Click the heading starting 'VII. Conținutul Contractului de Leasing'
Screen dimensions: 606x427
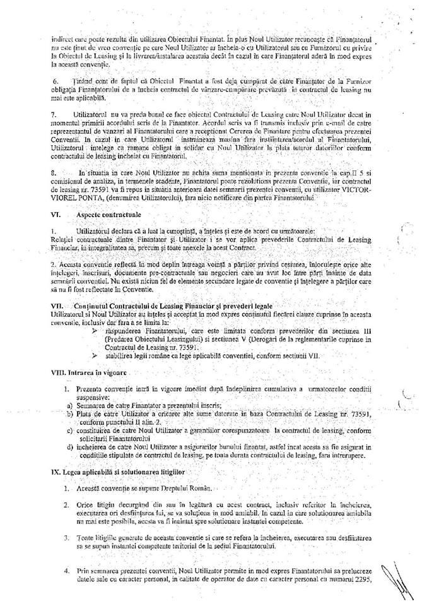[x=132, y=305]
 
